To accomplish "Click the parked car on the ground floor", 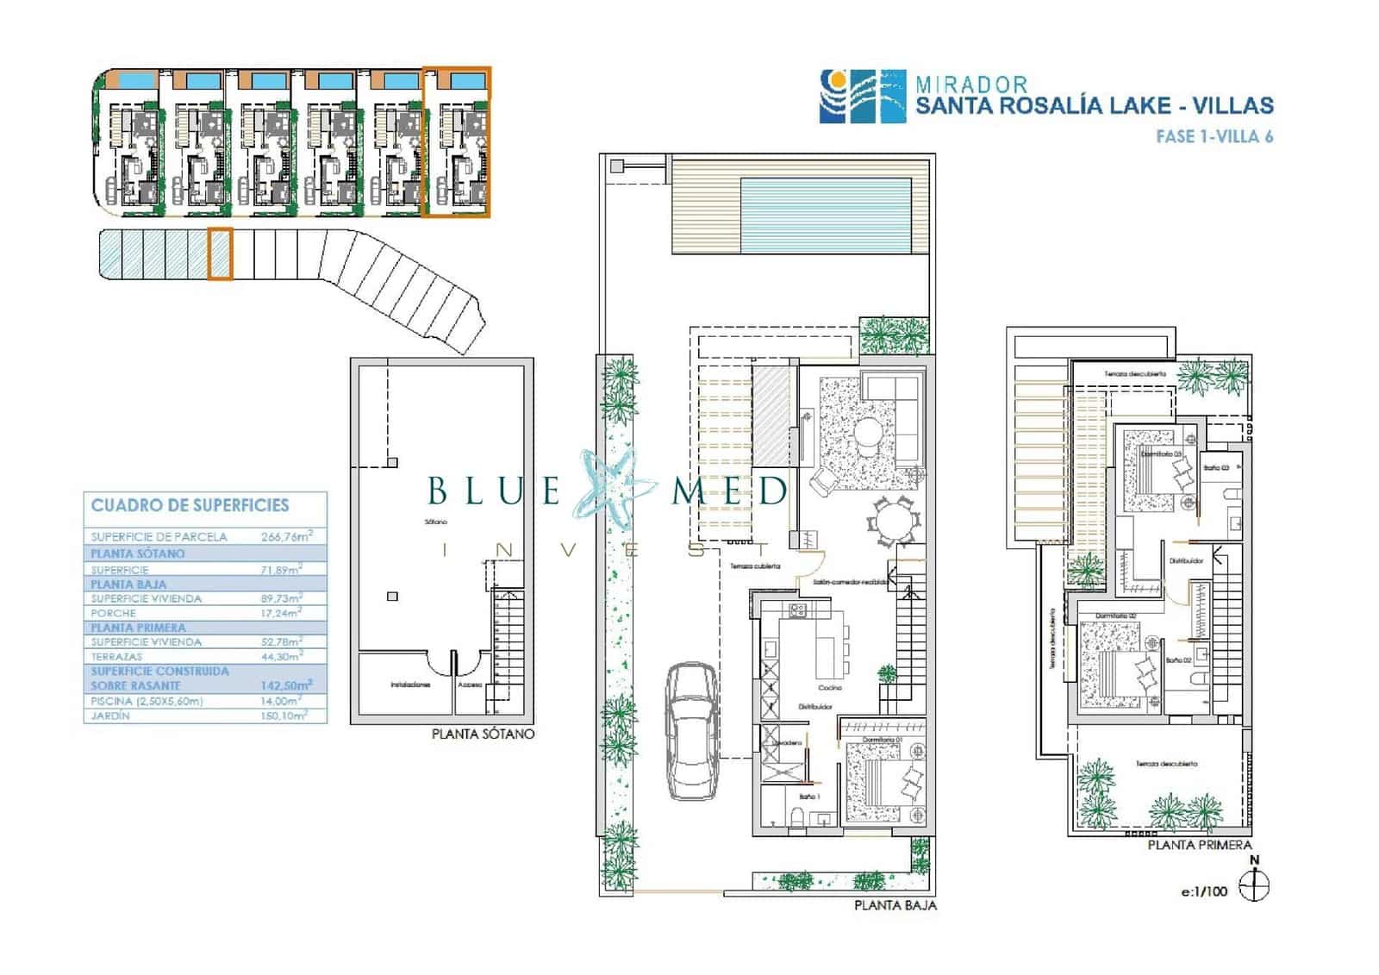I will pos(693,731).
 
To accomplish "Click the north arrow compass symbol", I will pos(1254,885).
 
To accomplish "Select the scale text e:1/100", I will pos(1203,891).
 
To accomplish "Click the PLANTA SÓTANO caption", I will pos(483,734).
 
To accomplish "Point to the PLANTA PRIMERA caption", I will pos(1199,845).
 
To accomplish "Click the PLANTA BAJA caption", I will pos(895,905).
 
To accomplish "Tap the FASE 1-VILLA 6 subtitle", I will pos(1214,136).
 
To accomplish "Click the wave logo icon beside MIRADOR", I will pos(862,96).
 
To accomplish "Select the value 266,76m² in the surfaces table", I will pos(285,536).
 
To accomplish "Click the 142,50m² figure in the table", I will pos(285,685).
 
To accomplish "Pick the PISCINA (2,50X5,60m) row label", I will pos(147,702).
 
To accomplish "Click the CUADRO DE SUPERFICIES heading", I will pos(190,506).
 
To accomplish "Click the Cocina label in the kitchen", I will pos(829,687).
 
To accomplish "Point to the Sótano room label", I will pos(435,522).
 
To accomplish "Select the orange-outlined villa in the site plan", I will pos(456,142).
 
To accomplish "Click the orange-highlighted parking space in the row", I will pos(220,253).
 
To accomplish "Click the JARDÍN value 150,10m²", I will pos(284,716).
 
